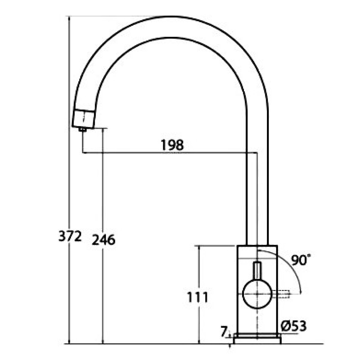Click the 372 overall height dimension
click(x=70, y=236)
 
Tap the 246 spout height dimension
click(x=103, y=240)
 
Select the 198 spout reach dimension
click(x=172, y=145)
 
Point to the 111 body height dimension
click(x=198, y=297)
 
